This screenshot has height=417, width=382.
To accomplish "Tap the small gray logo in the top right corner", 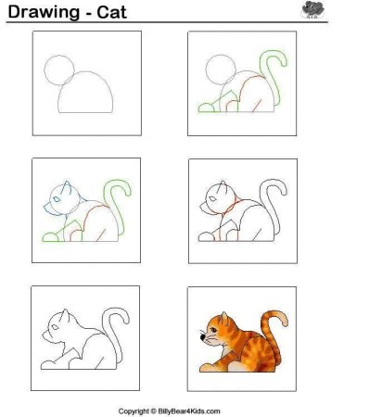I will click(x=312, y=10).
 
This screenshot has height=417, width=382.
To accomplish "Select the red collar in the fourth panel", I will click(x=236, y=206).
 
